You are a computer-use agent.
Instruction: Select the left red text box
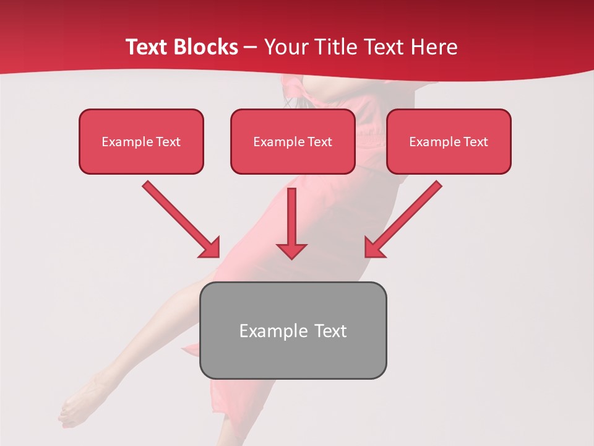(x=141, y=141)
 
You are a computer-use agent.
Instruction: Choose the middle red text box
(x=293, y=141)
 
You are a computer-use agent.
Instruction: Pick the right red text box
(x=449, y=141)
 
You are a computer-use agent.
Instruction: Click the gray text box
(x=293, y=330)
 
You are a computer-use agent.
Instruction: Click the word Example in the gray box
(x=270, y=331)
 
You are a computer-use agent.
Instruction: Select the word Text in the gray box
(x=330, y=331)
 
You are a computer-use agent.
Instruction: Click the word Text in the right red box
(x=475, y=142)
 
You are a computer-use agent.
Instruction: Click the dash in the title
(x=251, y=47)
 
